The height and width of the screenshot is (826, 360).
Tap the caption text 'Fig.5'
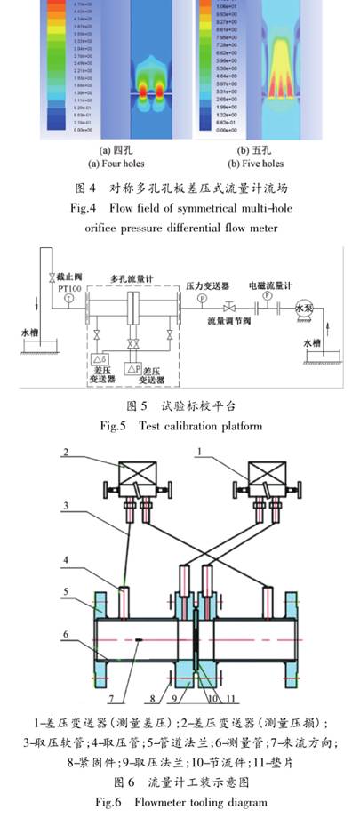(111, 426)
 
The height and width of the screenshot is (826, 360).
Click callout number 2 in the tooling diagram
(65, 452)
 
